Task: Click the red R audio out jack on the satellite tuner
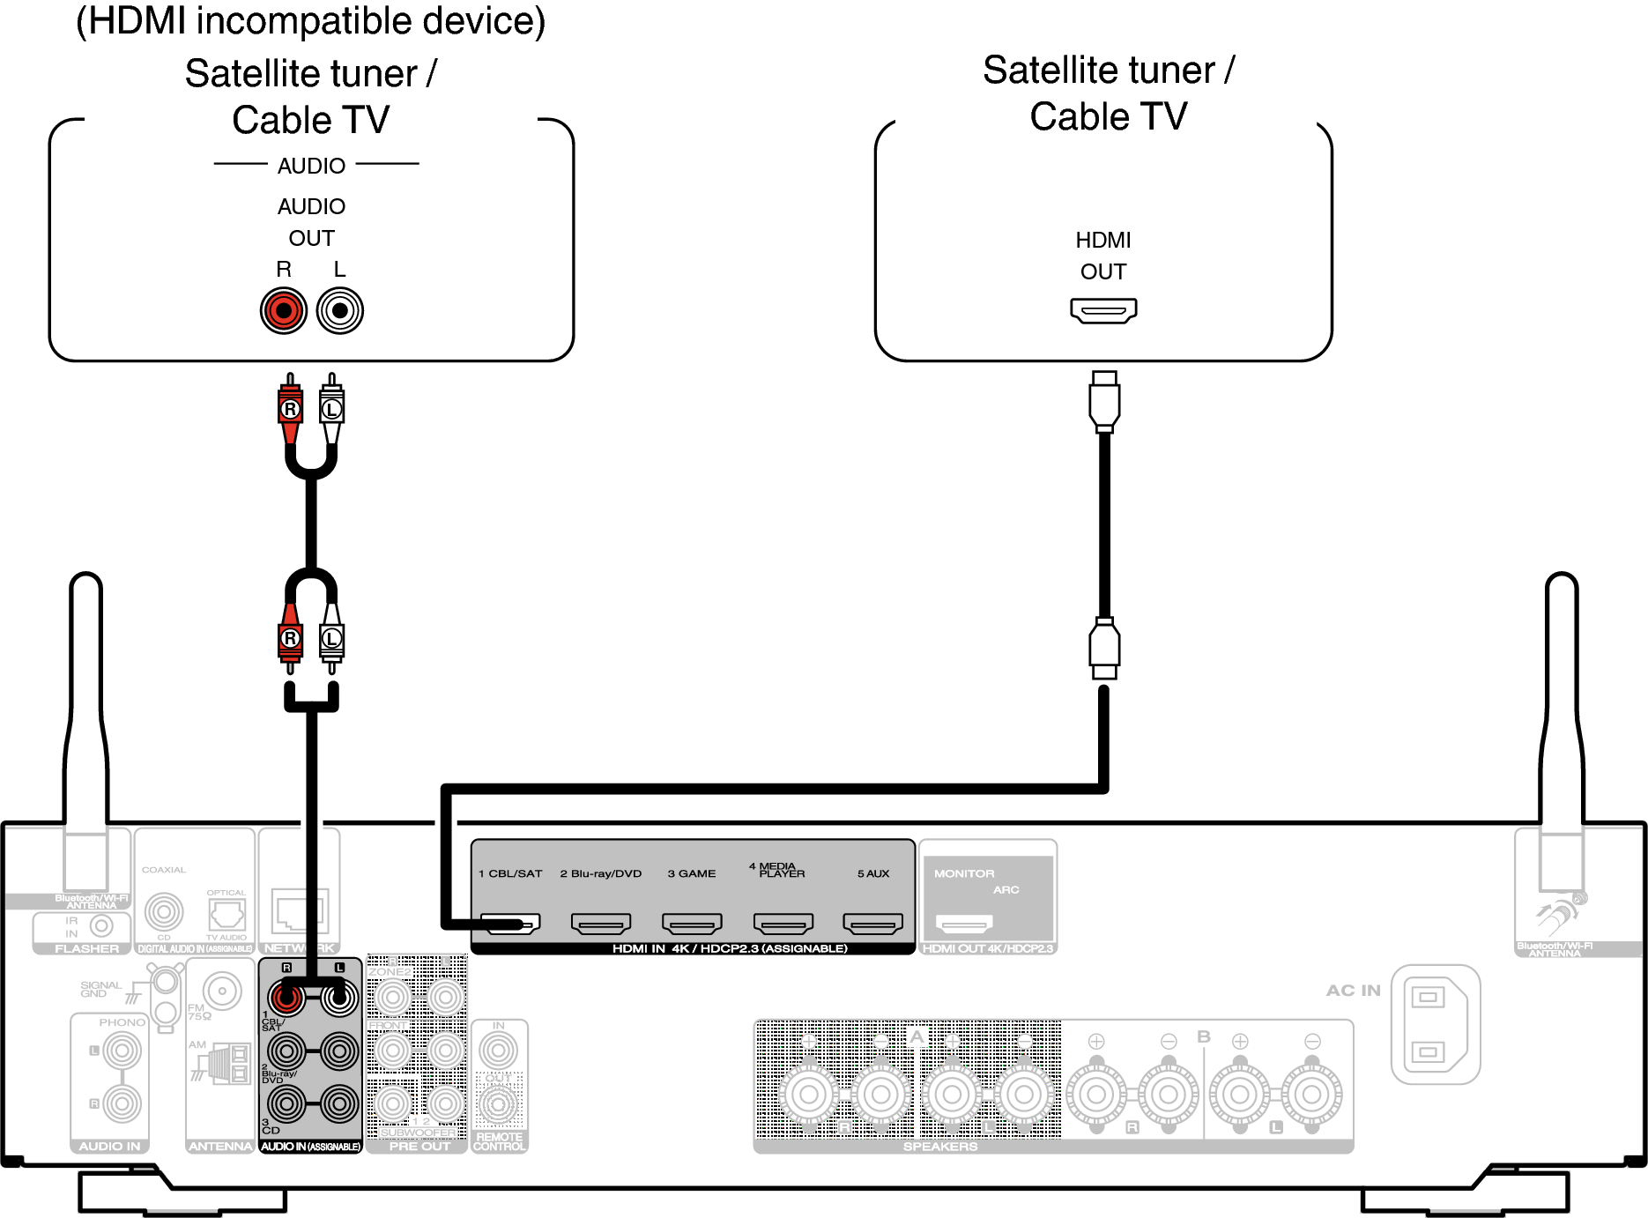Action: coord(284,310)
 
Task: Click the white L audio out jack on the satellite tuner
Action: coord(339,310)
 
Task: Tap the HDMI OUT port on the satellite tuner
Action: coord(1103,310)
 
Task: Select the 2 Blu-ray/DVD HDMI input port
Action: coord(601,924)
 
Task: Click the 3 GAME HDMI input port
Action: coord(692,924)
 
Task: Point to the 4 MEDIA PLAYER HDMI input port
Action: coord(783,924)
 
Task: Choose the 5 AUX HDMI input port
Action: coord(873,924)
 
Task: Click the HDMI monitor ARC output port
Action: coord(964,924)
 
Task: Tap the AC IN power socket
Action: coord(1434,1024)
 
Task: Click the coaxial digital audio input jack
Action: coord(164,911)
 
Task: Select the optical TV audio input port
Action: coord(226,915)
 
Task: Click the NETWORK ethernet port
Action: coord(297,911)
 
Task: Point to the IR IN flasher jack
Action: coord(101,925)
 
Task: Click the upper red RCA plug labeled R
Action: coord(290,409)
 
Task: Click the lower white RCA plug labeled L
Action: coord(332,638)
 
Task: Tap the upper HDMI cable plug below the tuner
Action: coord(1104,402)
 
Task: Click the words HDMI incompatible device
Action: coord(310,21)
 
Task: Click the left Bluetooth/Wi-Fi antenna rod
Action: coord(86,705)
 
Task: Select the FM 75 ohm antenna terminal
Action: coord(222,991)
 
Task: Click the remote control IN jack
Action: coord(499,1051)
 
